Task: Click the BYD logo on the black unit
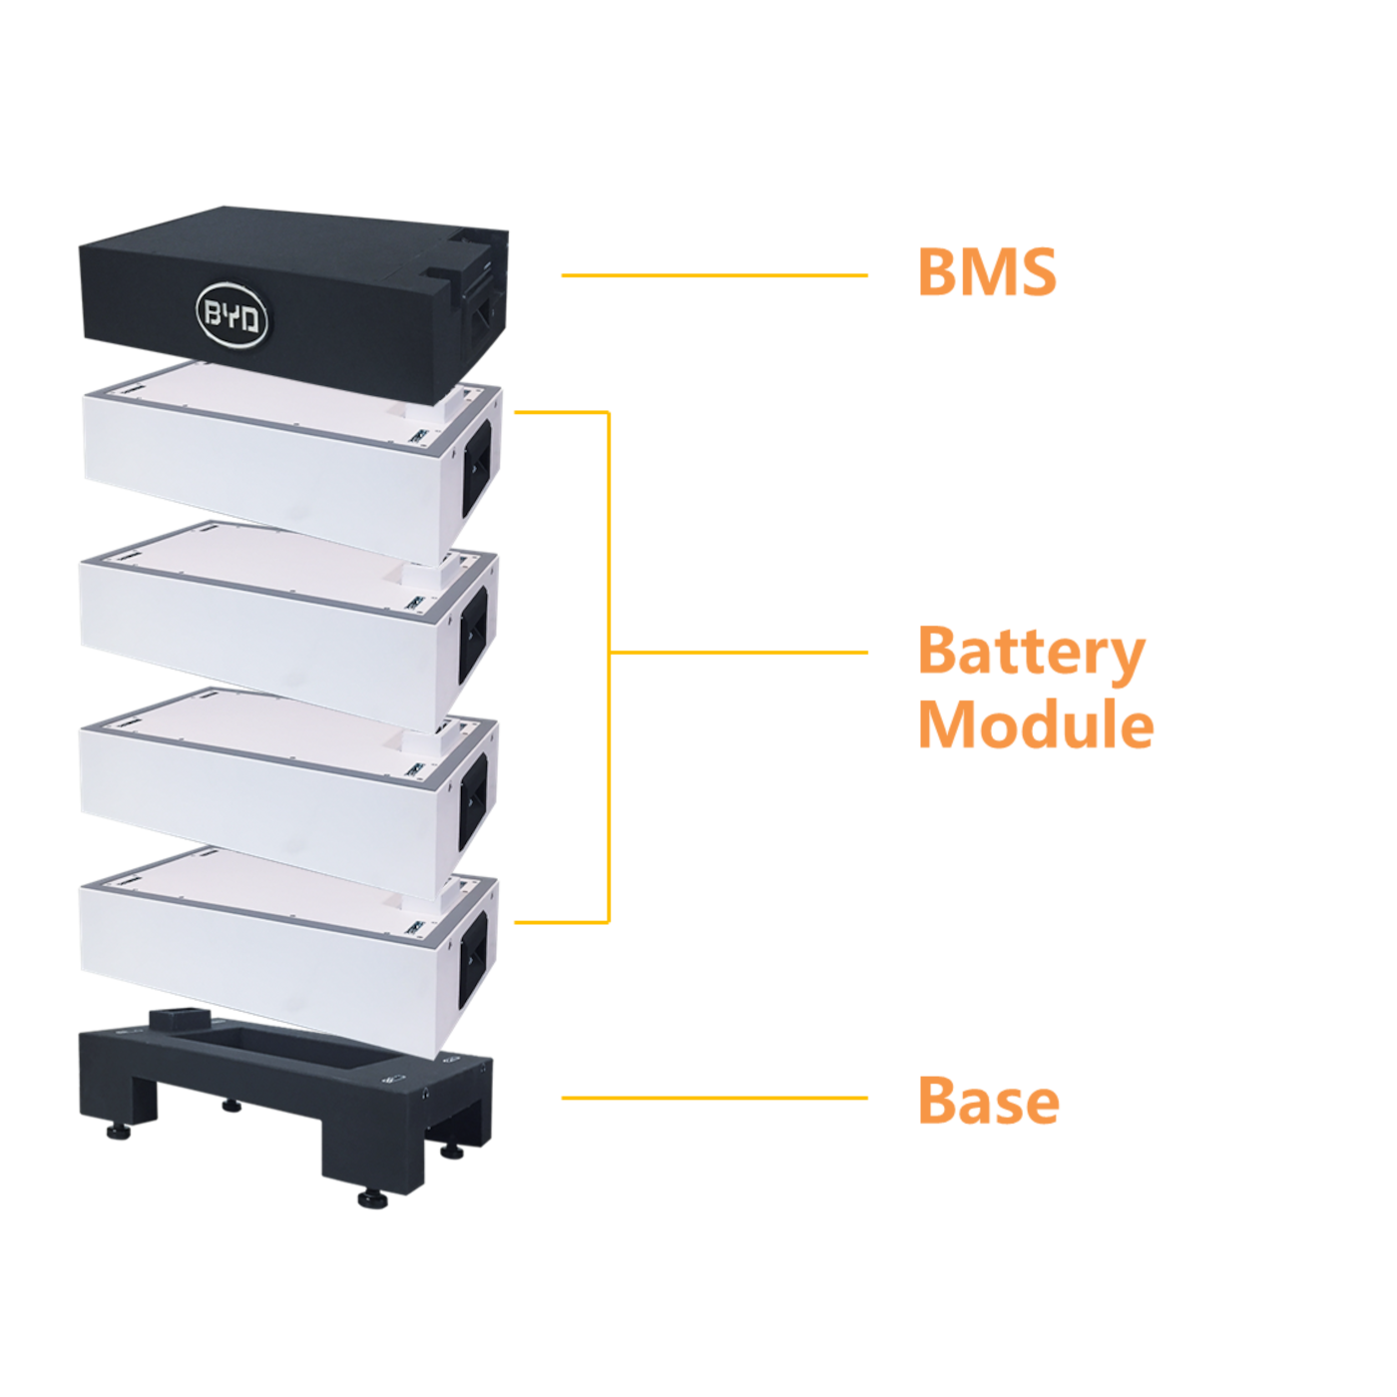coord(232,316)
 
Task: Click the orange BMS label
coord(986,272)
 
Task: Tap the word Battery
coord(1031,653)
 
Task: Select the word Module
coord(1036,724)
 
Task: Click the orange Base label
coord(988,1100)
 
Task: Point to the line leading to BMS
coord(713,275)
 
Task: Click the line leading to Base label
coord(713,1098)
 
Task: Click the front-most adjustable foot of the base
coord(372,1198)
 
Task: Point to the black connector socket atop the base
coord(180,1020)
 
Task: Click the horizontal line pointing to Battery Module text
coord(738,653)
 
